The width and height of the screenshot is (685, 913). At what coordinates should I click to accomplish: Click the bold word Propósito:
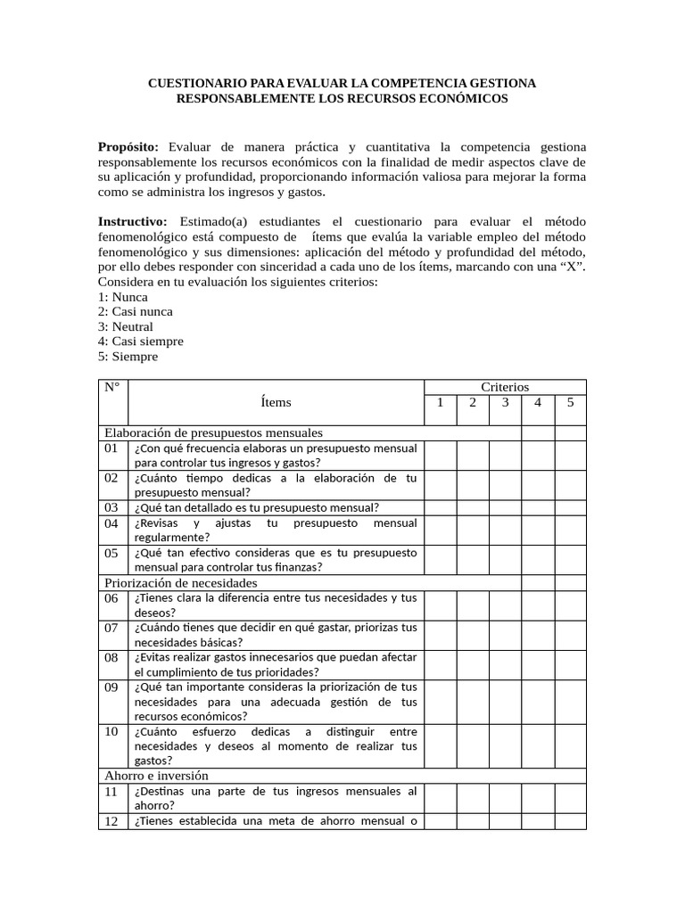(x=128, y=146)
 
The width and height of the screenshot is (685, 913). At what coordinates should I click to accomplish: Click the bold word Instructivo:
(x=132, y=221)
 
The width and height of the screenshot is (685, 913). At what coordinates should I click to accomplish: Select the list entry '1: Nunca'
(x=123, y=297)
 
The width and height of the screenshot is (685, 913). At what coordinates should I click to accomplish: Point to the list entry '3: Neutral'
(x=126, y=326)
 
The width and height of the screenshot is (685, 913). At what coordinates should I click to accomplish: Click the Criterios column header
(x=505, y=387)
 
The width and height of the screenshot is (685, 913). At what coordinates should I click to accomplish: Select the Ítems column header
(x=276, y=402)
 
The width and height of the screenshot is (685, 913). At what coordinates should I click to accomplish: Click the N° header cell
(x=112, y=387)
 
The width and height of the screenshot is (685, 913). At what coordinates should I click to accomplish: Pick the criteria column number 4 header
(x=538, y=402)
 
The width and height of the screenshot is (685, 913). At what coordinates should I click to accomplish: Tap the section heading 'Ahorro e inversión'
(x=156, y=776)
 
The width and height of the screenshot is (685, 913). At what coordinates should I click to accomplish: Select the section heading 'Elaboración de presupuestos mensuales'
(x=213, y=432)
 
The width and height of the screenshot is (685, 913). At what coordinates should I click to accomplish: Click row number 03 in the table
(x=111, y=507)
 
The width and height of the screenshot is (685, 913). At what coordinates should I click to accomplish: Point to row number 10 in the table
(x=111, y=731)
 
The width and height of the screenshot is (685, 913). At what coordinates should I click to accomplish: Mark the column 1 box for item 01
(x=440, y=455)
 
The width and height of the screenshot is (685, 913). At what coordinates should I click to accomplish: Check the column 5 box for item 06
(x=570, y=605)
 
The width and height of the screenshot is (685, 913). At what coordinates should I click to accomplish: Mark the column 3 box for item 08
(x=505, y=664)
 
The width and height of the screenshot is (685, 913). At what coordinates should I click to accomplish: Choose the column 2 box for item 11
(x=473, y=798)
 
